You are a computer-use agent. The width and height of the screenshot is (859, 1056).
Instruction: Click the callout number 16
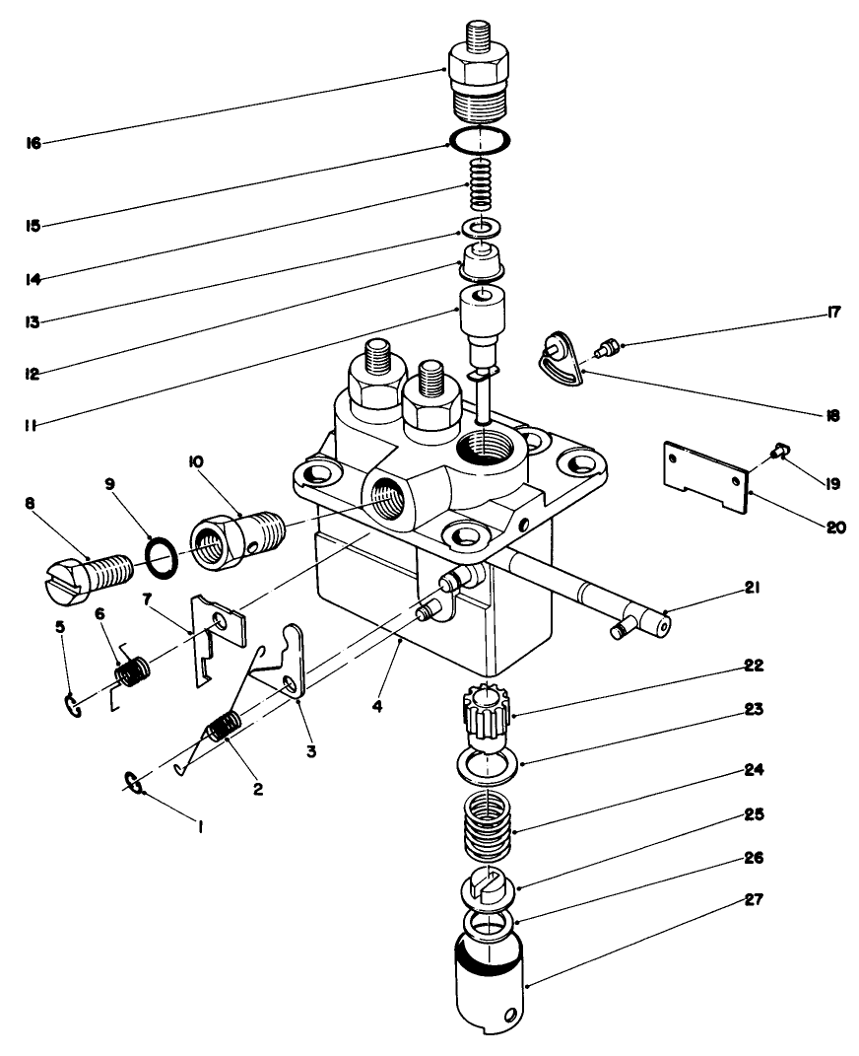click(x=33, y=143)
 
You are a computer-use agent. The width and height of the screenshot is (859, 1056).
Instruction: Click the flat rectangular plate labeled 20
click(x=704, y=477)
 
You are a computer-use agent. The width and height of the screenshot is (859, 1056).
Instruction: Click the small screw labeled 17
click(x=608, y=344)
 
